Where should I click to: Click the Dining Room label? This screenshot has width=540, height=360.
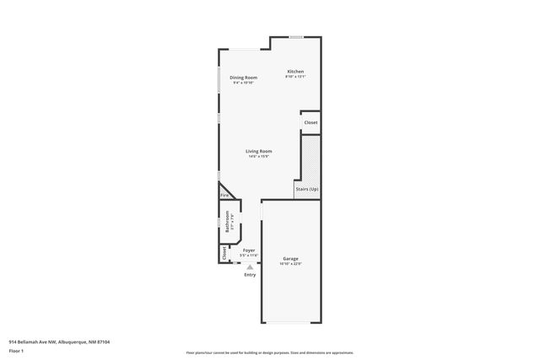pos(243,78)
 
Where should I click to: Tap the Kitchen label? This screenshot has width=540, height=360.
pos(294,71)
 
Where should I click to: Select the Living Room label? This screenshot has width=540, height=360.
pos(259,151)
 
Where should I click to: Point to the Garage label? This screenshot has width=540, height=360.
pos(290,259)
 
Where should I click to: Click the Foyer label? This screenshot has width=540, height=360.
pos(249,250)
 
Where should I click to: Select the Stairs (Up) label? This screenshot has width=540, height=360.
pos(307,189)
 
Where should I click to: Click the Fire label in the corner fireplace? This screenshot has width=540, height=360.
pos(224,196)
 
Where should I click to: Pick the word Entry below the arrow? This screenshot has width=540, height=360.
pos(250,275)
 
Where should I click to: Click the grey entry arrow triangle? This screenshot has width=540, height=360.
pos(250,267)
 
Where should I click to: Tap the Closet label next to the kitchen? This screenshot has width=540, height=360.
pos(310,122)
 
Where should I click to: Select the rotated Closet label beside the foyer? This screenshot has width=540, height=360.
pos(224,253)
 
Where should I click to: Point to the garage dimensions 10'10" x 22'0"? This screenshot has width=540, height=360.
pos(290,264)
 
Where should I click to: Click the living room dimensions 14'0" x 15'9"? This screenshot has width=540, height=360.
pos(259,156)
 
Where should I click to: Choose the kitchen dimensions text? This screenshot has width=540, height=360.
pos(294,77)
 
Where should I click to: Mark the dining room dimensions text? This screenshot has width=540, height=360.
pos(244,83)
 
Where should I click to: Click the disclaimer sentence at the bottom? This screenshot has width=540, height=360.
pos(269,352)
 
